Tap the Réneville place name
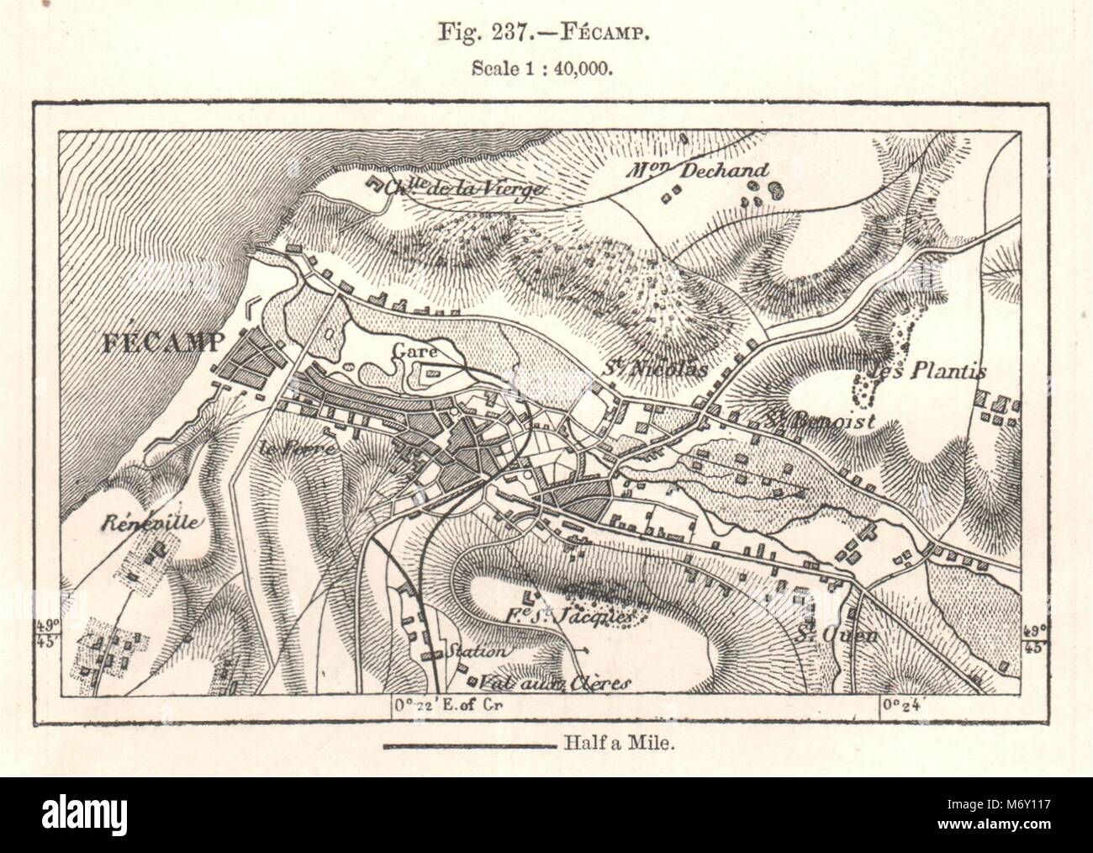151,522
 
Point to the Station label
479,651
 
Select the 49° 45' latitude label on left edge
71,636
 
